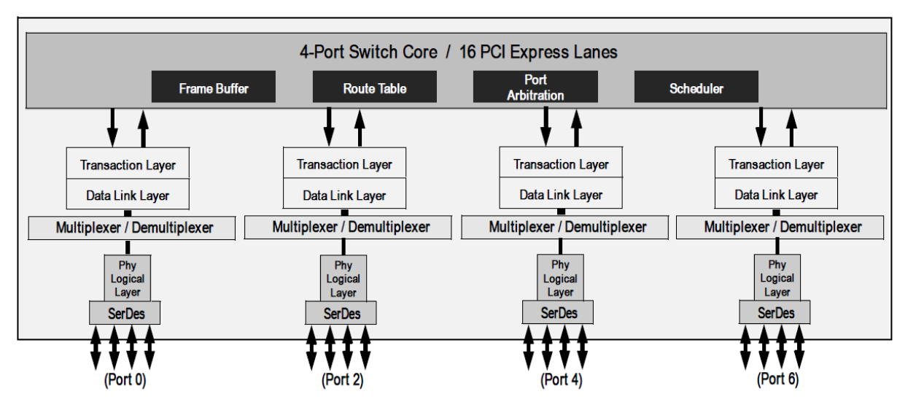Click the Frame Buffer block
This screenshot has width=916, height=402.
coord(214,88)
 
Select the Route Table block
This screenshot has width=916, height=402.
coord(375,88)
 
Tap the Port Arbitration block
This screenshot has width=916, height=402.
coord(535,87)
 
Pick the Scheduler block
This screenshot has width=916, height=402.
coord(696,88)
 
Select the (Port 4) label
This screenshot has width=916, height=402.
coord(561,379)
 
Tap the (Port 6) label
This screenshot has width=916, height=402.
coord(777,379)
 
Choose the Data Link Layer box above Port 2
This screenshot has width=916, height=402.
coord(344,196)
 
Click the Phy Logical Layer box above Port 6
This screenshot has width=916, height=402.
coord(777,278)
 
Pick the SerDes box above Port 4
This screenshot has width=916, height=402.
coord(559,314)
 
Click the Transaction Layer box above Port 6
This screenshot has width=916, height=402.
coord(776,165)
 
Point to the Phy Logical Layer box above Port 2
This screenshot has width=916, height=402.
coord(343,278)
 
